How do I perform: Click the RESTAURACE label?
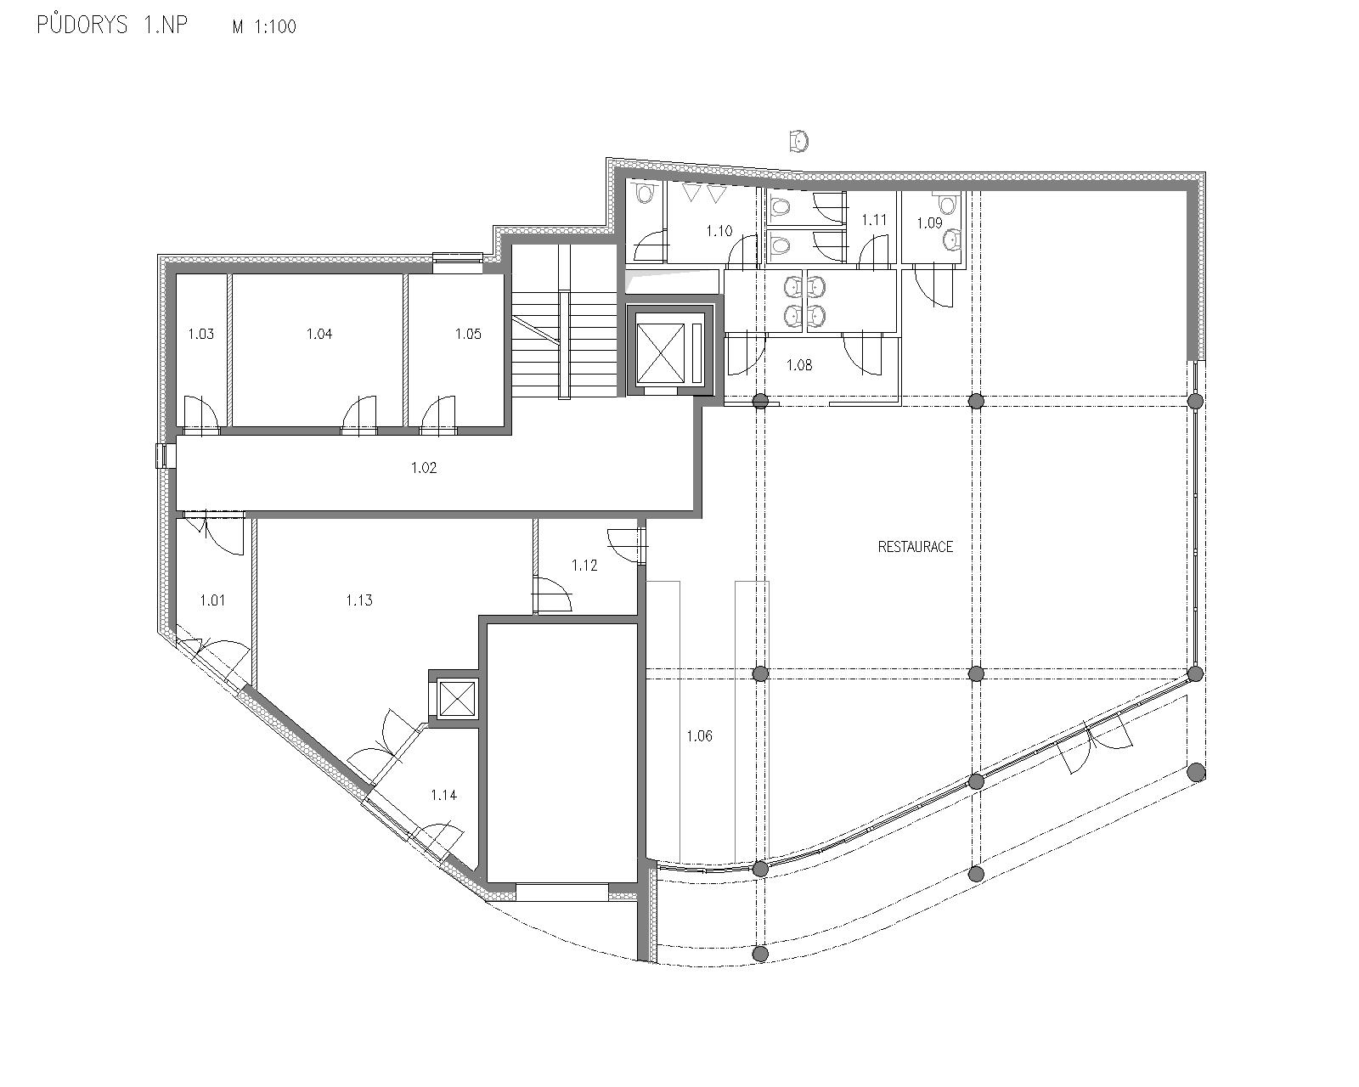(x=915, y=546)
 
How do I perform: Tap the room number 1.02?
(x=424, y=467)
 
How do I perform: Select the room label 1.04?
(x=319, y=334)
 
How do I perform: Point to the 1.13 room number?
(x=359, y=600)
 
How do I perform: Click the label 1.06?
(x=700, y=735)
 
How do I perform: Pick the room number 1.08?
(x=799, y=364)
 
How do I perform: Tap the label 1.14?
(x=444, y=795)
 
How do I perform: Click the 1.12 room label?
(x=584, y=566)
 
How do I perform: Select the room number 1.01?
(x=213, y=600)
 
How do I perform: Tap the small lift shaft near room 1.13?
(x=454, y=699)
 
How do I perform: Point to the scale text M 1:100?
(x=264, y=26)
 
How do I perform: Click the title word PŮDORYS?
(x=82, y=25)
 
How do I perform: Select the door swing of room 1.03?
(x=200, y=414)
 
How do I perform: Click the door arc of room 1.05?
(x=438, y=414)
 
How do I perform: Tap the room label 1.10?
(x=719, y=230)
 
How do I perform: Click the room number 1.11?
(x=875, y=220)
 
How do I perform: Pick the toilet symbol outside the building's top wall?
(x=799, y=140)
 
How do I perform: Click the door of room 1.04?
(x=359, y=414)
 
